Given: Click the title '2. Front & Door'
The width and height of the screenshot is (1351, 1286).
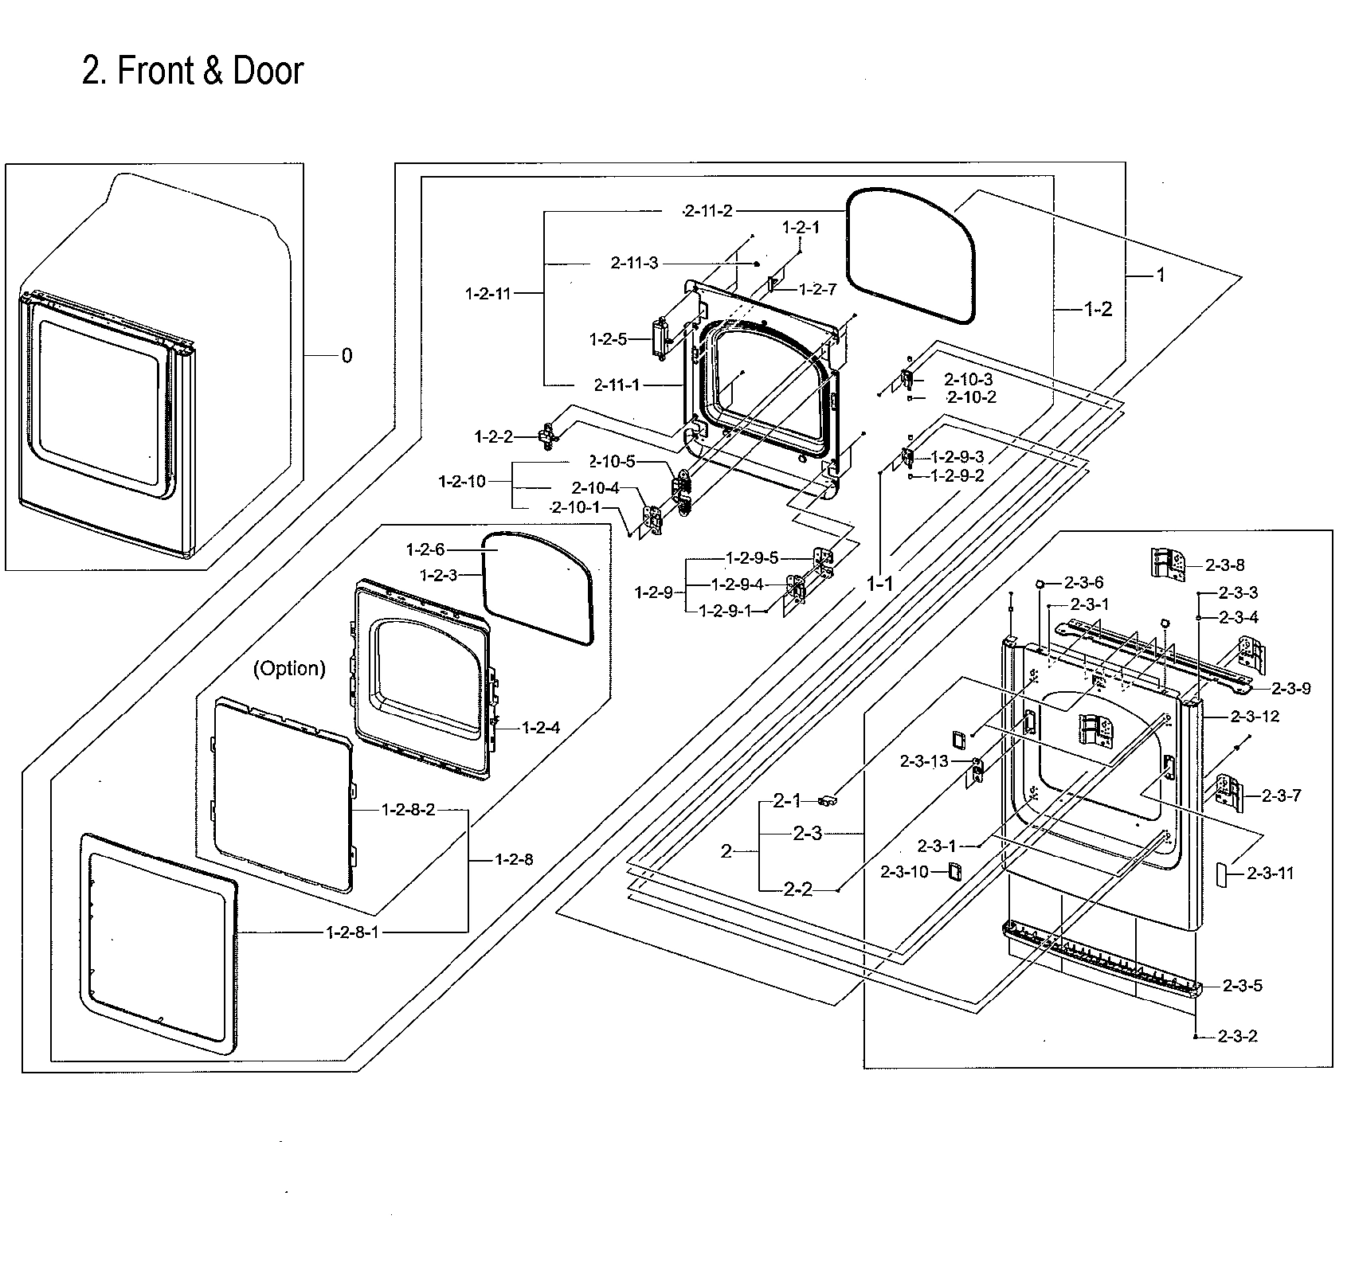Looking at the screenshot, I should (x=193, y=71).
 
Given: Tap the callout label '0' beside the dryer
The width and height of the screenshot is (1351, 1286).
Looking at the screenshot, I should (x=347, y=356).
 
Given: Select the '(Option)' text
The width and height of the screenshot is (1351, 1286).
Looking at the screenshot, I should (x=289, y=668).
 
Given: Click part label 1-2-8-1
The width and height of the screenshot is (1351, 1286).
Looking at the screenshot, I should (x=353, y=932).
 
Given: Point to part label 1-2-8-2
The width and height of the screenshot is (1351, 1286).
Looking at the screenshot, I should (x=408, y=810).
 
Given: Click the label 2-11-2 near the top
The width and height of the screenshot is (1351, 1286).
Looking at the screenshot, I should (x=708, y=211).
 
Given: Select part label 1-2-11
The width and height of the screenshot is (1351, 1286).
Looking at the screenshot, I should (x=488, y=294).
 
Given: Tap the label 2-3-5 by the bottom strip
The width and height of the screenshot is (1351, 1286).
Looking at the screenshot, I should (x=1243, y=986).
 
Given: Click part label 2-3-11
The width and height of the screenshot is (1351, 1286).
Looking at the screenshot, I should (x=1270, y=873).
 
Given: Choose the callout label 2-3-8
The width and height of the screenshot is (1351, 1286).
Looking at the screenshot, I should (x=1224, y=565).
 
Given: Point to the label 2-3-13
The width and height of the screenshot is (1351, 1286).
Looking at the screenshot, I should (x=924, y=761).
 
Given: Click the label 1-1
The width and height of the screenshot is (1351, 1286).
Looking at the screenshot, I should (x=880, y=584).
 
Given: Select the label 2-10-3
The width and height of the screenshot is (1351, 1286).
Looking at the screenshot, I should (x=969, y=380).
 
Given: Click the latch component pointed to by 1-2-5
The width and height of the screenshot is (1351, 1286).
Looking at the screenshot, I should (x=660, y=338).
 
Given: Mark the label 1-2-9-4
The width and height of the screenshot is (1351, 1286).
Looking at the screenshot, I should (x=737, y=584).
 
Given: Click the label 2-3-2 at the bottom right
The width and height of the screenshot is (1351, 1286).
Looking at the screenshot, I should (x=1238, y=1037).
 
